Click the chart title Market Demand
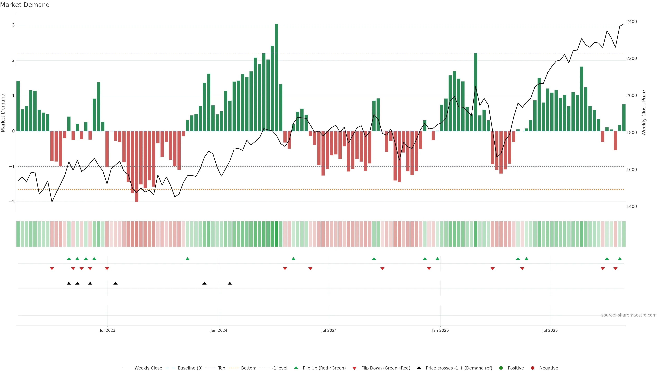click(25, 5)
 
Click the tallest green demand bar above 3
click(277, 77)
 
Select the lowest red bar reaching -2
click(137, 166)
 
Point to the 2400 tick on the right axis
click(631, 22)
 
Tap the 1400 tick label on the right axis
click(631, 207)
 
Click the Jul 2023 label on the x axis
click(107, 330)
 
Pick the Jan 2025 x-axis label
click(440, 330)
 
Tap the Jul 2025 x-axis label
click(550, 330)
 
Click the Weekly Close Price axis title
click(644, 113)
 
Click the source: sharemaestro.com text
click(629, 315)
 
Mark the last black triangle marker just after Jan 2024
click(230, 283)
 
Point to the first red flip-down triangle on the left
click(52, 269)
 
